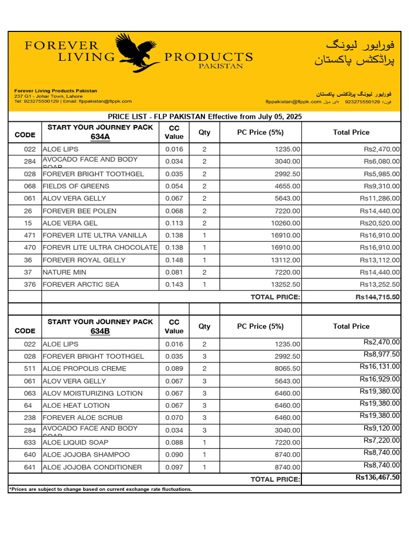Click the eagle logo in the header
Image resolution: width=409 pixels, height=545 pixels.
tap(137, 53)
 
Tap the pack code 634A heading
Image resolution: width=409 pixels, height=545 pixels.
tap(100, 137)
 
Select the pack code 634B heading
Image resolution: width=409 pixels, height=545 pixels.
tap(100, 331)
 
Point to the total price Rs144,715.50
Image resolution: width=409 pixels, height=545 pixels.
tap(378, 297)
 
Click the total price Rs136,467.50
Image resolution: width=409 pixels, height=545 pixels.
tap(378, 477)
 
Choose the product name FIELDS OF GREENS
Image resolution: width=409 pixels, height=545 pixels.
tap(76, 186)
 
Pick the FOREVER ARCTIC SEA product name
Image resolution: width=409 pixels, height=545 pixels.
tap(81, 285)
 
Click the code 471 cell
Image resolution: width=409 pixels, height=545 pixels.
tap(30, 235)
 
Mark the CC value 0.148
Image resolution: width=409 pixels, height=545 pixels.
tap(174, 260)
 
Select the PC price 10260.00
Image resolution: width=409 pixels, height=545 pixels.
tap(285, 224)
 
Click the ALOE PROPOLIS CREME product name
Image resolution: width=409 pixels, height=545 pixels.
tap(84, 369)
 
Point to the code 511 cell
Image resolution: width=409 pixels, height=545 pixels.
tap(30, 369)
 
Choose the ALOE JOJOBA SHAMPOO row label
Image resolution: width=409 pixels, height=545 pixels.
tap(86, 455)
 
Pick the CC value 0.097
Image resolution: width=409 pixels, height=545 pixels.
tap(174, 467)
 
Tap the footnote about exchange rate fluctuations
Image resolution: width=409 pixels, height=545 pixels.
tap(101, 489)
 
